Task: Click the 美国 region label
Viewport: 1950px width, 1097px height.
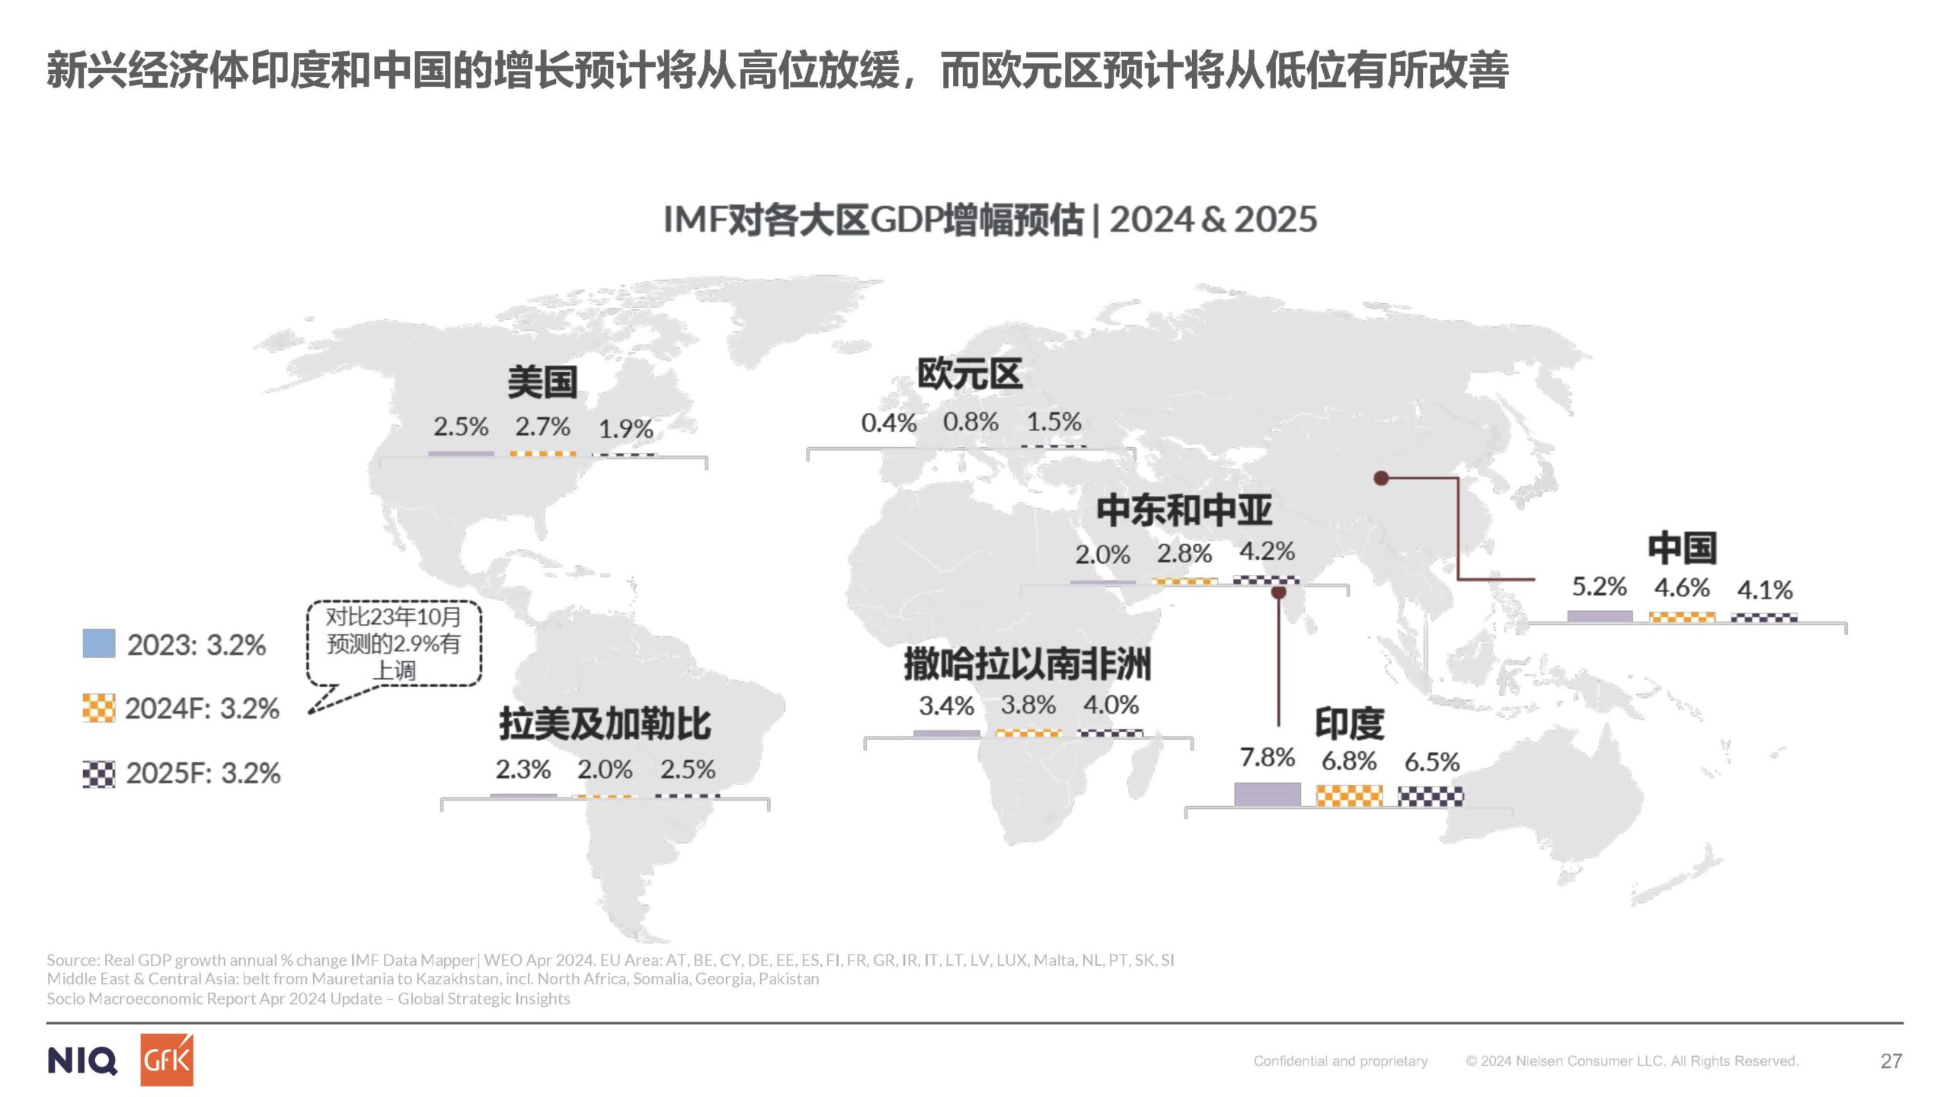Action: pos(542,382)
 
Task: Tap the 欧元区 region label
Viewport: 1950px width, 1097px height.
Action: pos(969,375)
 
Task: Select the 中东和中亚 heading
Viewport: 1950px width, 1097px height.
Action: pos(1184,510)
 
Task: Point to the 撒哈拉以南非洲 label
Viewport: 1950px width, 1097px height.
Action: pos(1027,664)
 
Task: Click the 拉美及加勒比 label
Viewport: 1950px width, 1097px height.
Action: pos(605,724)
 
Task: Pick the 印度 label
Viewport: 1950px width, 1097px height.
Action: pos(1349,724)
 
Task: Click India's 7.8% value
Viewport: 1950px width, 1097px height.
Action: pos(1267,758)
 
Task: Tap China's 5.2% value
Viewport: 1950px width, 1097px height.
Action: pos(1599,587)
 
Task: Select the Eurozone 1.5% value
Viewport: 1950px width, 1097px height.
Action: pos(1053,422)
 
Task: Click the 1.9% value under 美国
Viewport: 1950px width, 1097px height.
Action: pos(625,429)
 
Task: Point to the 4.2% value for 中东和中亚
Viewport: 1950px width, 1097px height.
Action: pos(1267,552)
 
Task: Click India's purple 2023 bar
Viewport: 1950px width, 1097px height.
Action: pos(1267,795)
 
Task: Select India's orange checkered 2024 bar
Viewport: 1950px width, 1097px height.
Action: pos(1349,797)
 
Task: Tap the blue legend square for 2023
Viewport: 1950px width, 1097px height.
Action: pos(99,644)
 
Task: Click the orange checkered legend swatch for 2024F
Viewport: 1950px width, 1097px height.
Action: pos(99,708)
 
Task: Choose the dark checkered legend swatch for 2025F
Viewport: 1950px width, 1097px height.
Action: pos(99,774)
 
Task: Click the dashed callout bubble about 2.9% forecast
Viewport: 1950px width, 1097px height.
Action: pos(394,644)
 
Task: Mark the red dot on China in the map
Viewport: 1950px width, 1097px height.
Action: pos(1381,478)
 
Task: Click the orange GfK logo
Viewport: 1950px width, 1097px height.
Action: pos(167,1060)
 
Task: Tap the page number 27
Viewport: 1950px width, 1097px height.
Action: pos(1891,1061)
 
